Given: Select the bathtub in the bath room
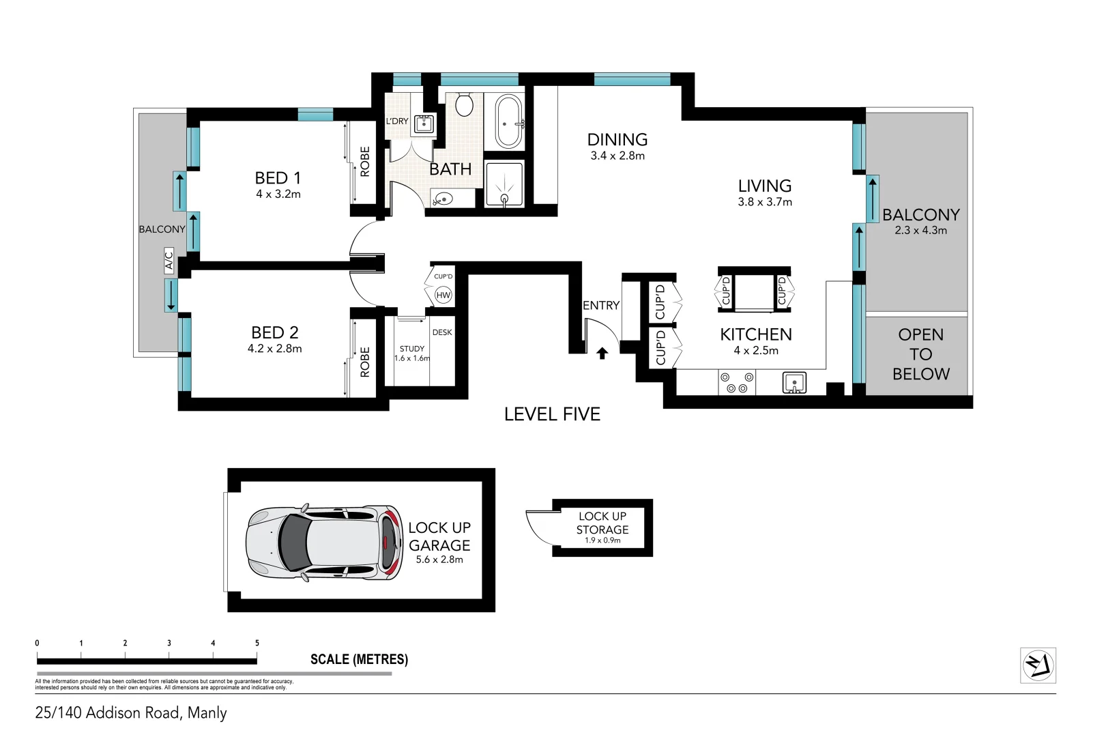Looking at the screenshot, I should [x=508, y=122].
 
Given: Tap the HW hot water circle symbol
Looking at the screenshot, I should [x=443, y=295].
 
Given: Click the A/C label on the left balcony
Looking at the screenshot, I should [x=169, y=261].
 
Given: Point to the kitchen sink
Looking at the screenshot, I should [x=794, y=382].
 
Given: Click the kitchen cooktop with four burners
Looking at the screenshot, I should [x=737, y=382].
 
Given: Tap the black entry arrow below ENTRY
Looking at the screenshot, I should [x=602, y=353].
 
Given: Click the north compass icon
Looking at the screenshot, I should [x=1038, y=665].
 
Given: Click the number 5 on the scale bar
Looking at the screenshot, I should [x=257, y=643].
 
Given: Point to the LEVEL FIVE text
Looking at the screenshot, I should [x=552, y=414].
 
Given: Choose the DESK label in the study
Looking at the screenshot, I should [x=442, y=332].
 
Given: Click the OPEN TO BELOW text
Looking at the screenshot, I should [x=920, y=354].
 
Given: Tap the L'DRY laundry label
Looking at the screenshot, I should [x=397, y=121].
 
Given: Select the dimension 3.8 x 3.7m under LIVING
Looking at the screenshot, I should [x=765, y=202].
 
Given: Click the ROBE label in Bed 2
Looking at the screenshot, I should [x=365, y=362].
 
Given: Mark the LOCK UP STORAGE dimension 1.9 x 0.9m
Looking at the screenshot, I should [x=602, y=540].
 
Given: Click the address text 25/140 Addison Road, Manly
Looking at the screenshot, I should [x=131, y=712].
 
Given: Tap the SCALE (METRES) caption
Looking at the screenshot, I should [x=359, y=659].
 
